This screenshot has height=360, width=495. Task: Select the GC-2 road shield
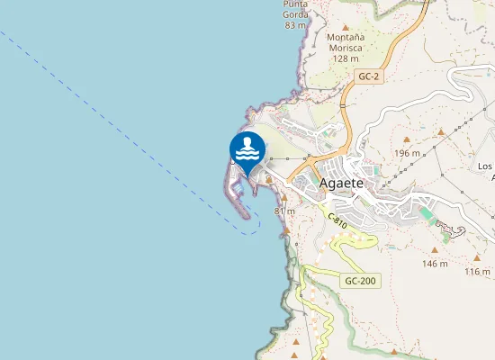tap(367, 76)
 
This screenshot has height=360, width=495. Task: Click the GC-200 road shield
tap(361, 282)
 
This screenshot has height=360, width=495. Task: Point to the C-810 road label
tap(337, 220)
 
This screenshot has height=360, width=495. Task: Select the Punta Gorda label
tap(296, 9)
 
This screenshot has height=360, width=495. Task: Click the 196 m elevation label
tap(408, 153)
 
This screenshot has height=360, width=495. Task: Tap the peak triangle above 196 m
tap(407, 140)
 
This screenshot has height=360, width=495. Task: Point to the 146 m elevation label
tap(435, 264)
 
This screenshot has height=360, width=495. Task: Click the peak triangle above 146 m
tap(435, 251)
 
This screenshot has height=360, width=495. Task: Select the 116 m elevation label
tap(478, 271)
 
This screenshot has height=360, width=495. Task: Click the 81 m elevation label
tap(284, 211)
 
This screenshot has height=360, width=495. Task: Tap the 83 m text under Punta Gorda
tap(295, 25)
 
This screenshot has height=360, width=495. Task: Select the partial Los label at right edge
tap(485, 166)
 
